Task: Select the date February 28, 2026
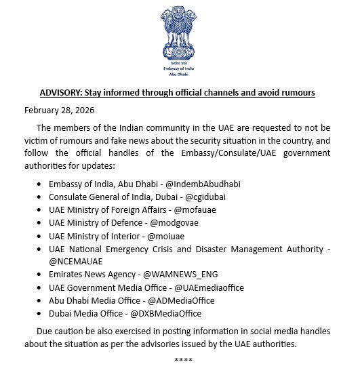pyautogui.click(x=59, y=110)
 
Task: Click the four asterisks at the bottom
pyautogui.click(x=183, y=359)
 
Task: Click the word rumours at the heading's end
pyautogui.click(x=296, y=92)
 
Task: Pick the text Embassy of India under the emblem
pyautogui.click(x=179, y=70)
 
